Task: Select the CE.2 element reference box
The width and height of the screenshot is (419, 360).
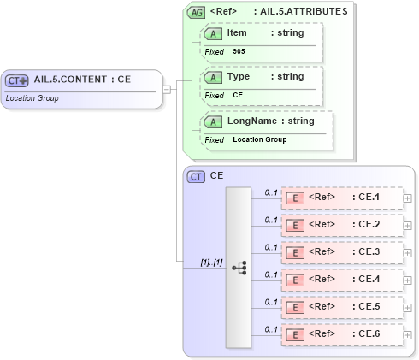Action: pos(342,226)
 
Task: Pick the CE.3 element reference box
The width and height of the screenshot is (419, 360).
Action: pos(342,253)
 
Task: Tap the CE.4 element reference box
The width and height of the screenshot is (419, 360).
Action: pos(342,280)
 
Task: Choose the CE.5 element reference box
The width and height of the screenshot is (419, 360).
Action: pos(342,307)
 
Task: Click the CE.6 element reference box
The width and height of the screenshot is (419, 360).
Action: pos(342,334)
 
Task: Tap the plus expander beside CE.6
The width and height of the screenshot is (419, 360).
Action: pos(407,334)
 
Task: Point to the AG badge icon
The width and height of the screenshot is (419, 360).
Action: pos(196,13)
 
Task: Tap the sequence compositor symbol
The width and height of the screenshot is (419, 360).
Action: pos(239,267)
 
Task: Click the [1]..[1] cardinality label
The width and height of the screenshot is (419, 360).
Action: pos(210,262)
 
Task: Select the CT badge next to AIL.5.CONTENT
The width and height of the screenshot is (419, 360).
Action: pos(16,80)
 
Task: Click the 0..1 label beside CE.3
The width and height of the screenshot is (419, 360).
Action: pos(270,247)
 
